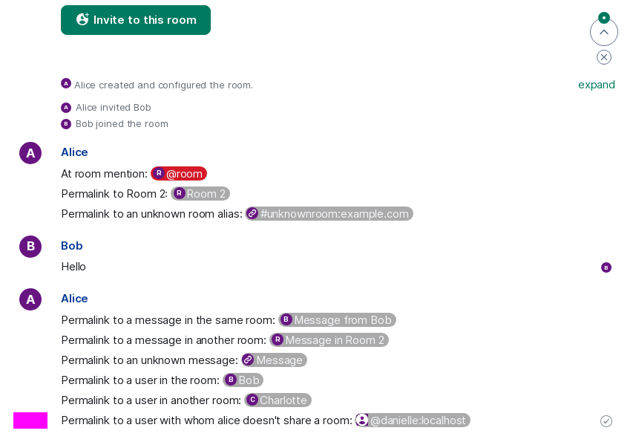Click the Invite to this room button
136,20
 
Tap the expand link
596,85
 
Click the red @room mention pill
179,174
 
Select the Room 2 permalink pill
200,194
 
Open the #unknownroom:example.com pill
330,213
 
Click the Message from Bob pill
338,320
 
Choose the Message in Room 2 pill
329,340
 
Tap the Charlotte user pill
278,400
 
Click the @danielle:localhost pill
413,420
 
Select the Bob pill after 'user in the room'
243,380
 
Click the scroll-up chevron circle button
604,32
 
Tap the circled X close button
604,57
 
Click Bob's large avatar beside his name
30,247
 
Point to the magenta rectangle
30,420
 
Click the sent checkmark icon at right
606,421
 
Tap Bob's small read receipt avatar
606,267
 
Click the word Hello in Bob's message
73,267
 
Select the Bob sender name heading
72,246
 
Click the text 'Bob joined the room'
122,124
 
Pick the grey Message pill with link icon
274,360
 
